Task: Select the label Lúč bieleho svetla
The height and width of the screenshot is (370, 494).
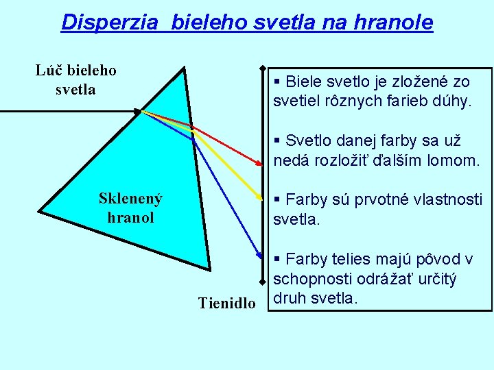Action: (76, 79)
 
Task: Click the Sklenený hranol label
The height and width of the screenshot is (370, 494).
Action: (130, 208)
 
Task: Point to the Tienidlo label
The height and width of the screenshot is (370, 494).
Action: (226, 303)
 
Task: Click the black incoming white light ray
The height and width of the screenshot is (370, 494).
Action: (69, 110)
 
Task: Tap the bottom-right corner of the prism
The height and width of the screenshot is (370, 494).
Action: (209, 268)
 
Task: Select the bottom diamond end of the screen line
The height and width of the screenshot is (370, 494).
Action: (262, 282)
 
